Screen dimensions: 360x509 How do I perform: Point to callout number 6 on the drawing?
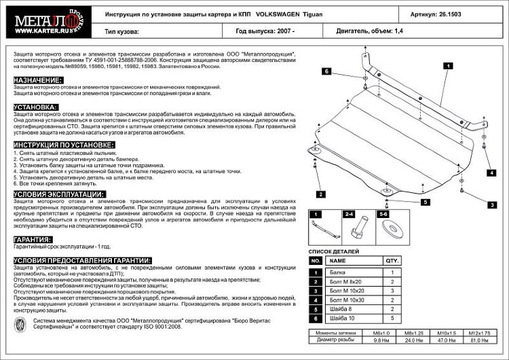coord(326,71)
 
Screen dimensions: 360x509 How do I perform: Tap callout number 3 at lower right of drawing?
coord(489,204)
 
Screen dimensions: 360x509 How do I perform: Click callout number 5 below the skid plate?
coord(425,202)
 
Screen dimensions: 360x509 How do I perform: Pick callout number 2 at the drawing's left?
coord(318,194)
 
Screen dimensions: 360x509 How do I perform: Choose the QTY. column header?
coord(392,260)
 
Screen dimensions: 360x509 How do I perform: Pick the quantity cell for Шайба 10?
coord(392,317)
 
